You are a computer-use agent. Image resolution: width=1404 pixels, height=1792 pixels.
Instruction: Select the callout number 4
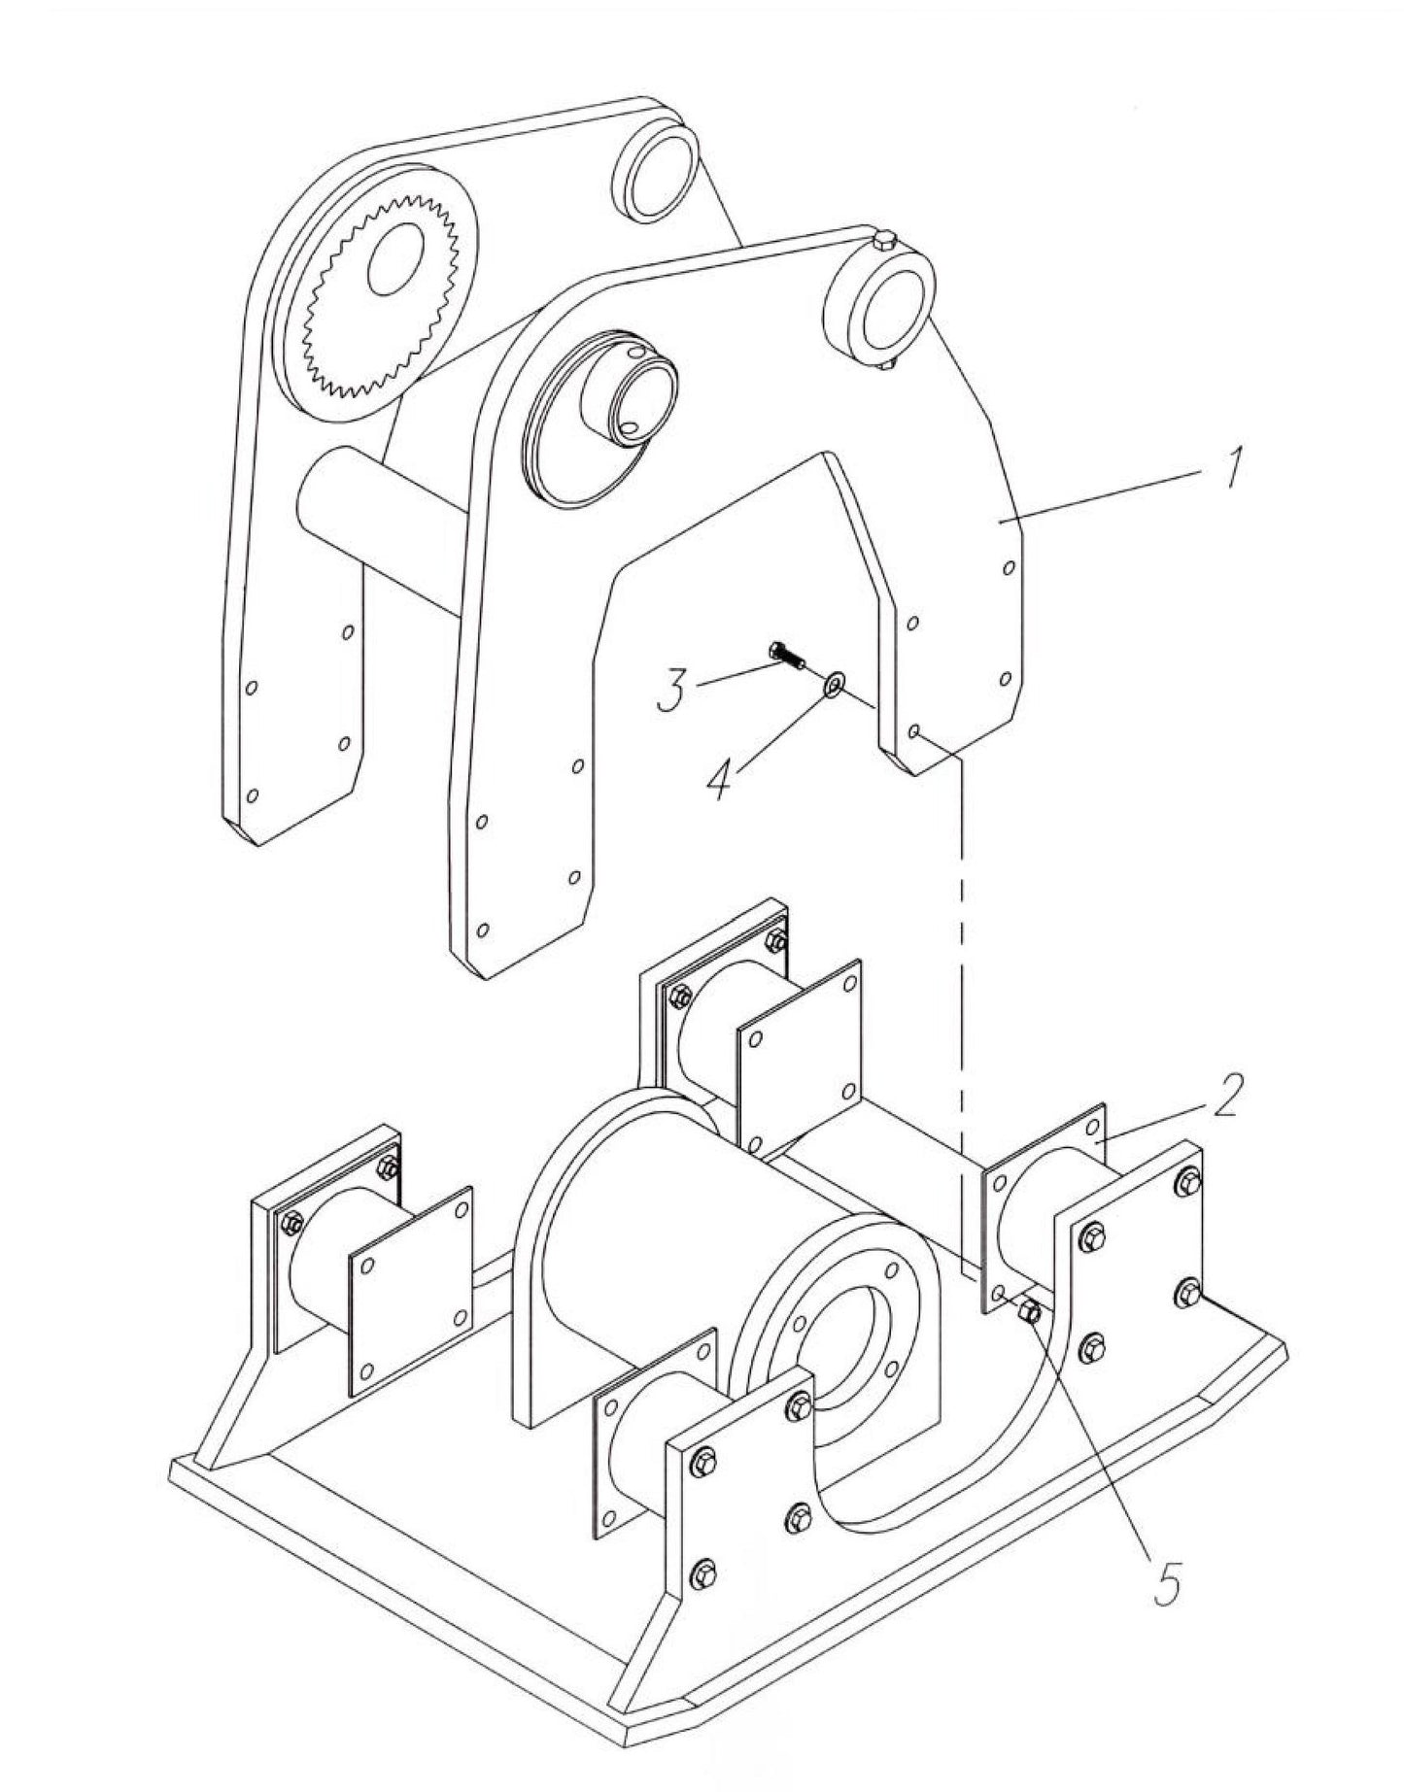719,777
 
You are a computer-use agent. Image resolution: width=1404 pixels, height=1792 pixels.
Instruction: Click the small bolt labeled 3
788,656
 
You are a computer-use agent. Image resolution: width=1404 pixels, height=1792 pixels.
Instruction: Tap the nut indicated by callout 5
1030,1313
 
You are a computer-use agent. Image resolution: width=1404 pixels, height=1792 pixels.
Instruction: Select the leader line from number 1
1108,494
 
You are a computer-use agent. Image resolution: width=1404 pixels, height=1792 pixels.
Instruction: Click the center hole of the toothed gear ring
396,258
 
